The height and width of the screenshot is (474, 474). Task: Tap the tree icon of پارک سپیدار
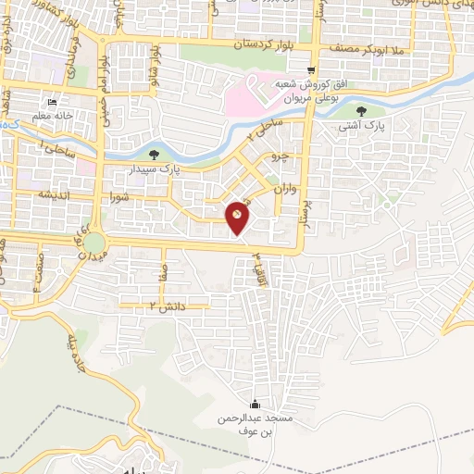153,155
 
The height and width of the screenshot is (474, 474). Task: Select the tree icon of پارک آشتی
373,111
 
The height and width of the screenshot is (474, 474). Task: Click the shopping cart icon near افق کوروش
312,69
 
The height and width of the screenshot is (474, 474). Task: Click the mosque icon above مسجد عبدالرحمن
256,404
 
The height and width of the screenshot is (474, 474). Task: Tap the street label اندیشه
56,193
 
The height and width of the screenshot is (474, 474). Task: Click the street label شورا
122,197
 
